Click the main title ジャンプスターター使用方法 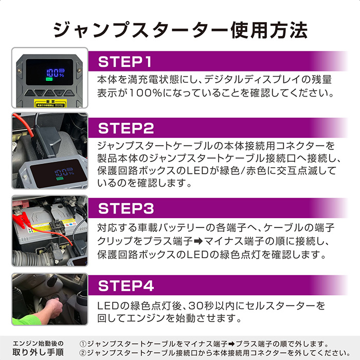tap(181, 29)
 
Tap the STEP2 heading tap(126, 128)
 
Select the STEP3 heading tap(126, 208)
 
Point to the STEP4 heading tap(126, 285)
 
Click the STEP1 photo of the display tap(50, 78)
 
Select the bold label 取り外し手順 tap(38, 352)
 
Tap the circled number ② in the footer tap(83, 353)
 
